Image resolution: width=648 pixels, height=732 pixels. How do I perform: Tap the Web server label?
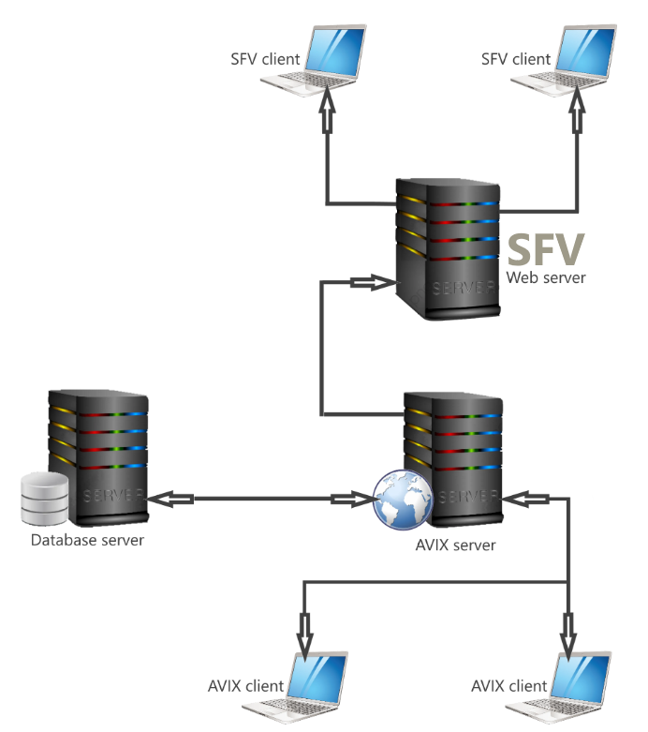[546, 277]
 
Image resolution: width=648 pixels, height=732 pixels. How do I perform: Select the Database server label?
[87, 540]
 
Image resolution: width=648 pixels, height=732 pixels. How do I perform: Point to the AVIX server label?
[453, 545]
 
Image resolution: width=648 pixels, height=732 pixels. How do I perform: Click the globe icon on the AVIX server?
[397, 498]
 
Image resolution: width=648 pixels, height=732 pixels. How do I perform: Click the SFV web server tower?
[447, 247]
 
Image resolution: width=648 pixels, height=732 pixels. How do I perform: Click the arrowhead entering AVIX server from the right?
[523, 497]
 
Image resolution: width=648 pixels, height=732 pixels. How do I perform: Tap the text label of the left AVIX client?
[245, 685]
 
